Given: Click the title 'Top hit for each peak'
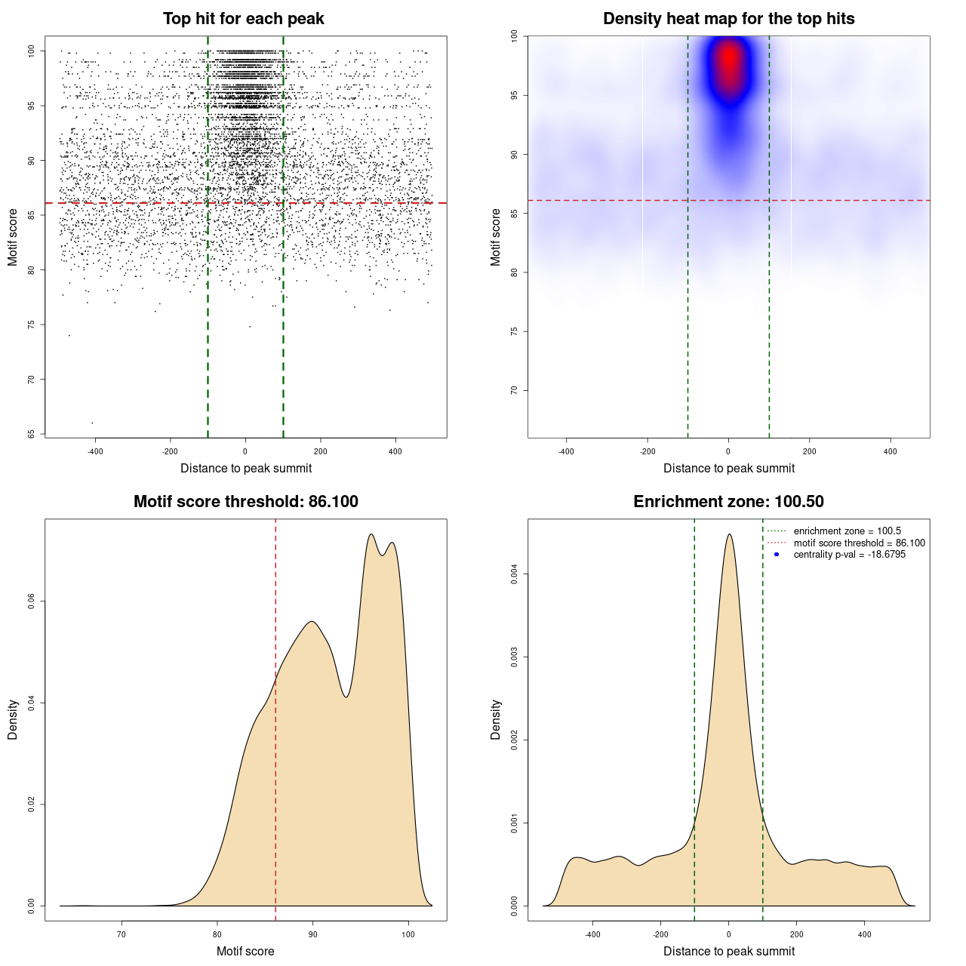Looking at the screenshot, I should click(x=243, y=19).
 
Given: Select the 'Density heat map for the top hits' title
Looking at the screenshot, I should click(x=728, y=19).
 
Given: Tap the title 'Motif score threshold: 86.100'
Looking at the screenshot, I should click(x=245, y=502).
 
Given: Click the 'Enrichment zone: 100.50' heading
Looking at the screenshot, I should click(x=728, y=502).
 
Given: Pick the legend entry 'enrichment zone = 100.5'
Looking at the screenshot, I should click(x=847, y=531).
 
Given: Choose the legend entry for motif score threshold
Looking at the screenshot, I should click(x=859, y=543).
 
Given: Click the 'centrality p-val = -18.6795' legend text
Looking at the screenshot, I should click(x=849, y=555).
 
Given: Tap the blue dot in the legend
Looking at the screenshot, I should click(x=777, y=555).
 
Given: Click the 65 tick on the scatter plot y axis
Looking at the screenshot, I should click(x=31, y=434).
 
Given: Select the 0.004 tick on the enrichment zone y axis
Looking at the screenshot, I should click(x=514, y=574).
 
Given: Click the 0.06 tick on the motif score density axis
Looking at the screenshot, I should click(x=31, y=601).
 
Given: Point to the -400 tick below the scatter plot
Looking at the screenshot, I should click(x=95, y=451).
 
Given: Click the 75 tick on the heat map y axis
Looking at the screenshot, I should click(x=514, y=331).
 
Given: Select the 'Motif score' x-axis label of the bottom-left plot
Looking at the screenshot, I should click(x=245, y=951).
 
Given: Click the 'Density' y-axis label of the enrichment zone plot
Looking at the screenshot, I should click(x=496, y=719).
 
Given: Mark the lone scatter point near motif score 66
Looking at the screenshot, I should click(x=92, y=423).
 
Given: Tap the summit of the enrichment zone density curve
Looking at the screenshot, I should click(x=729, y=534).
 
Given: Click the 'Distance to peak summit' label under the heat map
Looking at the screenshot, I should click(x=728, y=468).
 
